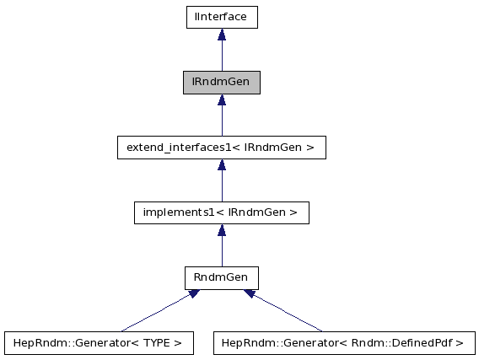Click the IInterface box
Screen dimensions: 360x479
coord(221,17)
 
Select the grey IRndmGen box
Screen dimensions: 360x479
coord(221,83)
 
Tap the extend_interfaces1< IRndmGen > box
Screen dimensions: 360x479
coord(221,148)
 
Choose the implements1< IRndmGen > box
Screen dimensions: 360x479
coord(221,212)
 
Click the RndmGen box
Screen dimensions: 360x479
coord(221,277)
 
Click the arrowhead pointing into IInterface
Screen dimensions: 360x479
coord(221,35)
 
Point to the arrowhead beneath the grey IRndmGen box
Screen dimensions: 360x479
coord(221,99)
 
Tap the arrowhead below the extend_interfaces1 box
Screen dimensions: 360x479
coord(221,164)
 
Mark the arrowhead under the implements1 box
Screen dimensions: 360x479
coord(221,229)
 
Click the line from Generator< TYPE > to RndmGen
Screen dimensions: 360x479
coord(156,312)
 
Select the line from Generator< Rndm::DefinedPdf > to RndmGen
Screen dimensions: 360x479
coord(287,313)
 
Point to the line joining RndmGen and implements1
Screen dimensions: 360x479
coord(221,251)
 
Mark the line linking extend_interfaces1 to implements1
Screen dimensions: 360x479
coord(221,185)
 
